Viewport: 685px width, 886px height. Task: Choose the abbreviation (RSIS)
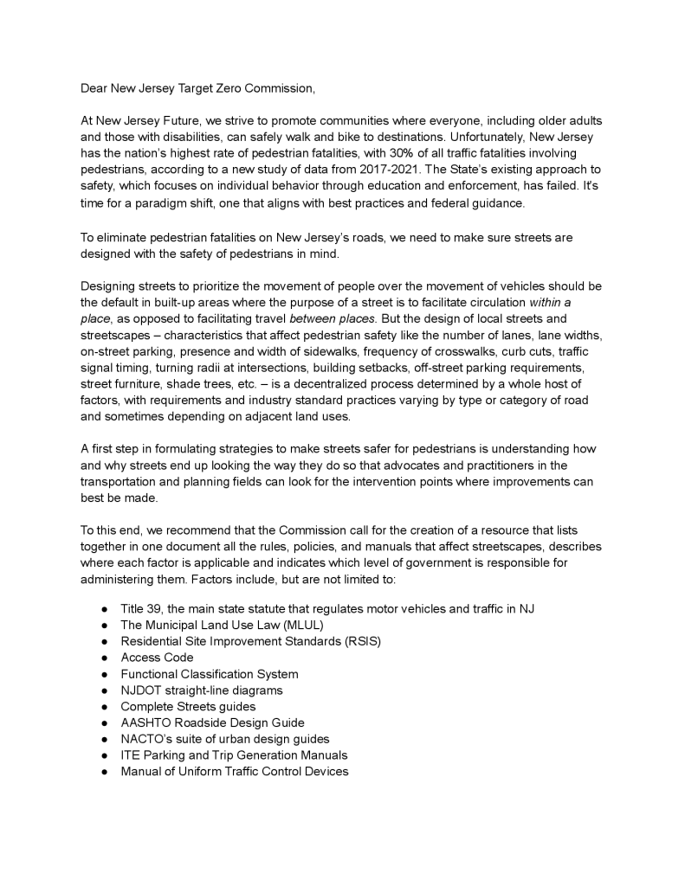click(359, 641)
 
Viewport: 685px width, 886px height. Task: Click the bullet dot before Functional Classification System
click(104, 674)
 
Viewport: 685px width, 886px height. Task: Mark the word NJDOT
click(140, 690)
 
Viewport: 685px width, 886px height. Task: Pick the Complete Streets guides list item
click(188, 706)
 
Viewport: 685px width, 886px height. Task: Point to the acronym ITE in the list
click(130, 754)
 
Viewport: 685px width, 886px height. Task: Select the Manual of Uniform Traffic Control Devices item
click(234, 771)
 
